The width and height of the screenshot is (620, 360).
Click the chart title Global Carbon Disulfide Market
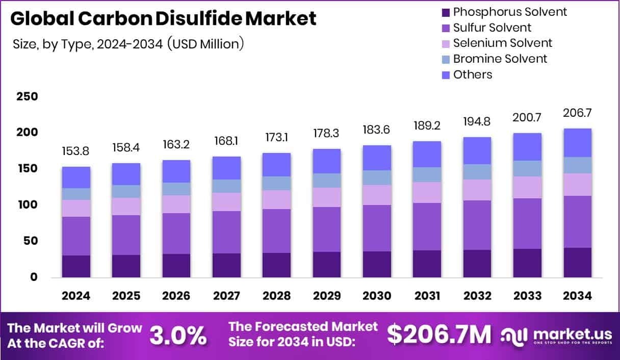(163, 18)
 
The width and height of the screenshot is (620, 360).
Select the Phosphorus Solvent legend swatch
(445, 12)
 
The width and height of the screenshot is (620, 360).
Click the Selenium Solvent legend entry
(502, 43)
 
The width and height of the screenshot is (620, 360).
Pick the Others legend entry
(472, 74)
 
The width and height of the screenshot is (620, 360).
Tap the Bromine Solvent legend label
(500, 59)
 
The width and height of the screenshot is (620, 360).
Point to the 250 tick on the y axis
(27, 96)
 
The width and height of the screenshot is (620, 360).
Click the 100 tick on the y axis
(27, 204)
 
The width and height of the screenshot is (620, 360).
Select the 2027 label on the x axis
(225, 296)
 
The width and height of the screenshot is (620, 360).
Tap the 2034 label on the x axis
(577, 296)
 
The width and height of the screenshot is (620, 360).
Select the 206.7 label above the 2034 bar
(577, 113)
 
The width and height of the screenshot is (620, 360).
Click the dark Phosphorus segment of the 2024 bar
(76, 266)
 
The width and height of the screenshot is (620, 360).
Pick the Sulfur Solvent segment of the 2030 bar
(376, 228)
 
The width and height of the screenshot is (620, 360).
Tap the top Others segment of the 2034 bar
(577, 143)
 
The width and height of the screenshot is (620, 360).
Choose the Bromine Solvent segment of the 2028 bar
(276, 183)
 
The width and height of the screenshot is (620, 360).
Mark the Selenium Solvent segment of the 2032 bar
(477, 190)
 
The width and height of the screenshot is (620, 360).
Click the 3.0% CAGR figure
(178, 335)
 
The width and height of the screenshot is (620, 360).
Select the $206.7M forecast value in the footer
(439, 335)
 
